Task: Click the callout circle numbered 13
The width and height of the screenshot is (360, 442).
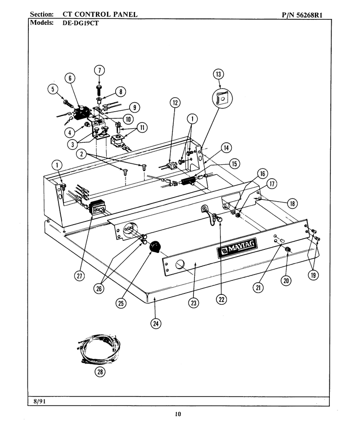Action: click(218, 74)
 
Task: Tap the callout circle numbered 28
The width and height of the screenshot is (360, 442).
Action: click(100, 372)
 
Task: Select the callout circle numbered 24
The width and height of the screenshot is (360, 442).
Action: click(156, 324)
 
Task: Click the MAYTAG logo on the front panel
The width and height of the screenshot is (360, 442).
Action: click(237, 248)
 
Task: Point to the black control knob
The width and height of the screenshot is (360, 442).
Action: click(154, 247)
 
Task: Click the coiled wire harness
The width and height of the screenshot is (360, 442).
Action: click(99, 350)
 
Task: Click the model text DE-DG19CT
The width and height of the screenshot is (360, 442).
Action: click(81, 23)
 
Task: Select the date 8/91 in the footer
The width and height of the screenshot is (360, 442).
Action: click(40, 401)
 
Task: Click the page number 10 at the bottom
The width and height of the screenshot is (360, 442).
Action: click(178, 414)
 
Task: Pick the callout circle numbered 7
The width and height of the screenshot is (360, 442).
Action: click(99, 70)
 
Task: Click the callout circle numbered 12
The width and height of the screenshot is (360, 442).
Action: click(175, 103)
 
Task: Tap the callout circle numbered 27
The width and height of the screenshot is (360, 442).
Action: click(80, 275)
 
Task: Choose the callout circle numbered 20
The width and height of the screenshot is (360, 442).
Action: click(286, 280)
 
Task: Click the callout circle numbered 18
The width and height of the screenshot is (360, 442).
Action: click(292, 203)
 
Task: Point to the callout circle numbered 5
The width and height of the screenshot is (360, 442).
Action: click(53, 90)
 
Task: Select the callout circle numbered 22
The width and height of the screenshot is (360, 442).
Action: click(221, 299)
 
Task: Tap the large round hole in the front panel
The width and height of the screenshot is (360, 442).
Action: click(180, 264)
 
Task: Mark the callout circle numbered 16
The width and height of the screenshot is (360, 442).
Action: click(262, 174)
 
